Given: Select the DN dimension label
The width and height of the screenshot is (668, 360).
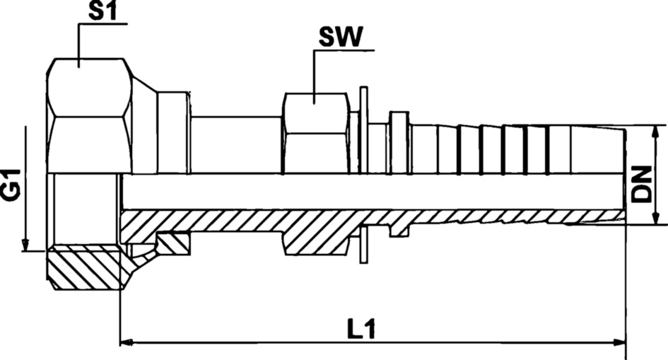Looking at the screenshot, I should (x=641, y=185).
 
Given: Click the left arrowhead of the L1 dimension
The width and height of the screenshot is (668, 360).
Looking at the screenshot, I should (x=127, y=343).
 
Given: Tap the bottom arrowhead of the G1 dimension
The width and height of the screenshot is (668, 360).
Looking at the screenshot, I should (x=25, y=245).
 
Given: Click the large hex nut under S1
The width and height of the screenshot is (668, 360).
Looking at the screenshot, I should (x=90, y=117).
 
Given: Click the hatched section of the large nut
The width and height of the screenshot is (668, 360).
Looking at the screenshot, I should (x=85, y=267).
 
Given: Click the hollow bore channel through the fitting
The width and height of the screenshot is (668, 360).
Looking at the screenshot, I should (x=368, y=192).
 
